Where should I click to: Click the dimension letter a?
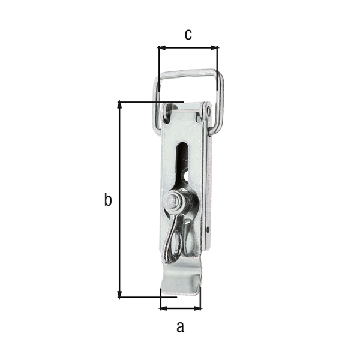pos(180,327)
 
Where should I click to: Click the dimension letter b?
pos(108,200)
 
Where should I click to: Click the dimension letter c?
pos(188,35)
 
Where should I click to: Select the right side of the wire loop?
pos(220,102)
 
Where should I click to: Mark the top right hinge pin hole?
pos(208,111)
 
